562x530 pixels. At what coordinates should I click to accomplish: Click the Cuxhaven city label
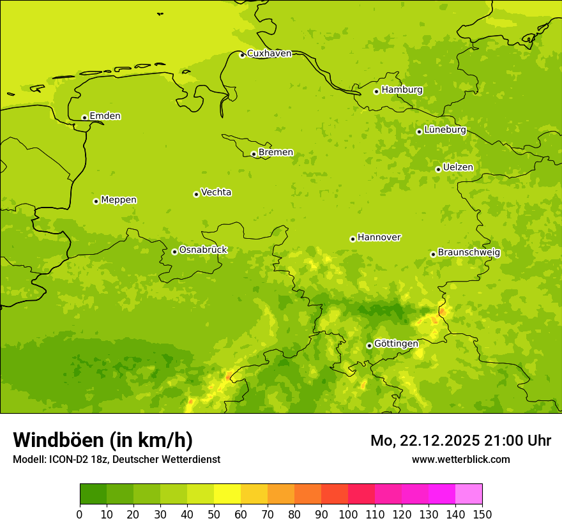pos(269,54)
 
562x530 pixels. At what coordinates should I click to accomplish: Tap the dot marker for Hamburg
pos(376,91)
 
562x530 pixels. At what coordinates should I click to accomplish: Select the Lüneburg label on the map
pos(445,130)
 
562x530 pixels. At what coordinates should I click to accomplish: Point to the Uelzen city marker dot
pos(438,169)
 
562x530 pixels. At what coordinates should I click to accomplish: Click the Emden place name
pos(105,116)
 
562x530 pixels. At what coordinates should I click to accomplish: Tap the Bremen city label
pos(276,153)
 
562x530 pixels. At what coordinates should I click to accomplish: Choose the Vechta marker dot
pos(196,194)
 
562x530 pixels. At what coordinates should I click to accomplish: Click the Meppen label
pos(119,200)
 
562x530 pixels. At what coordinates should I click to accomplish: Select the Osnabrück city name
pos(203,250)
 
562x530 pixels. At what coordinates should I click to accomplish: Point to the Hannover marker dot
pos(353,239)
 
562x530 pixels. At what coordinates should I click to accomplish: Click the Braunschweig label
pos(469,253)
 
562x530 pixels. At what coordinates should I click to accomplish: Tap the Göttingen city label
pos(396,344)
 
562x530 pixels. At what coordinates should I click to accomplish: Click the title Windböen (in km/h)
pos(103,440)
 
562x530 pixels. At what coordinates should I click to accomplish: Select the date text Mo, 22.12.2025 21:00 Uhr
pos(460,441)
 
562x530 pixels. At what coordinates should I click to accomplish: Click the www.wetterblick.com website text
pos(460,460)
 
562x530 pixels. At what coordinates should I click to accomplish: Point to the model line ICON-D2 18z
pos(116,460)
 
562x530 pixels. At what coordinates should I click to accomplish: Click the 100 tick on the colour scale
pos(348,514)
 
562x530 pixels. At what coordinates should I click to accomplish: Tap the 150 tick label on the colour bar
pos(482,514)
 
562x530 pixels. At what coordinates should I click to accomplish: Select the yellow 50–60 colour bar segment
pos(227,494)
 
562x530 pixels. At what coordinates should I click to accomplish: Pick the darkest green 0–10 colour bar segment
pos(93,494)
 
